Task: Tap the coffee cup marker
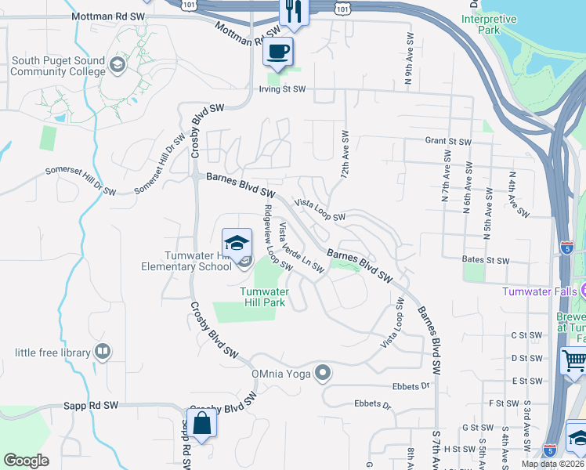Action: pos(278,52)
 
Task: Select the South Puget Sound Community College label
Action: pos(58,66)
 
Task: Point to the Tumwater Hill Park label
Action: pos(263,297)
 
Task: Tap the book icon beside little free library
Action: pos(102,352)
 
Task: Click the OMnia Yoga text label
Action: pos(282,373)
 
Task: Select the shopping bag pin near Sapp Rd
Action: pos(202,424)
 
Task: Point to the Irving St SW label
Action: pos(282,89)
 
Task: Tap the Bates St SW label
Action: pos(486,261)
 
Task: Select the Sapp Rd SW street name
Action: pos(90,406)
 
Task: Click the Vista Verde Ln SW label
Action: pos(302,248)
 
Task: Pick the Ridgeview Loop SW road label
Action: pos(277,237)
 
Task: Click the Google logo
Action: pos(26,461)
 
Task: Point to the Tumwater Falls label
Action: pos(540,291)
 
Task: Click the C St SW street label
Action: pos(526,335)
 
